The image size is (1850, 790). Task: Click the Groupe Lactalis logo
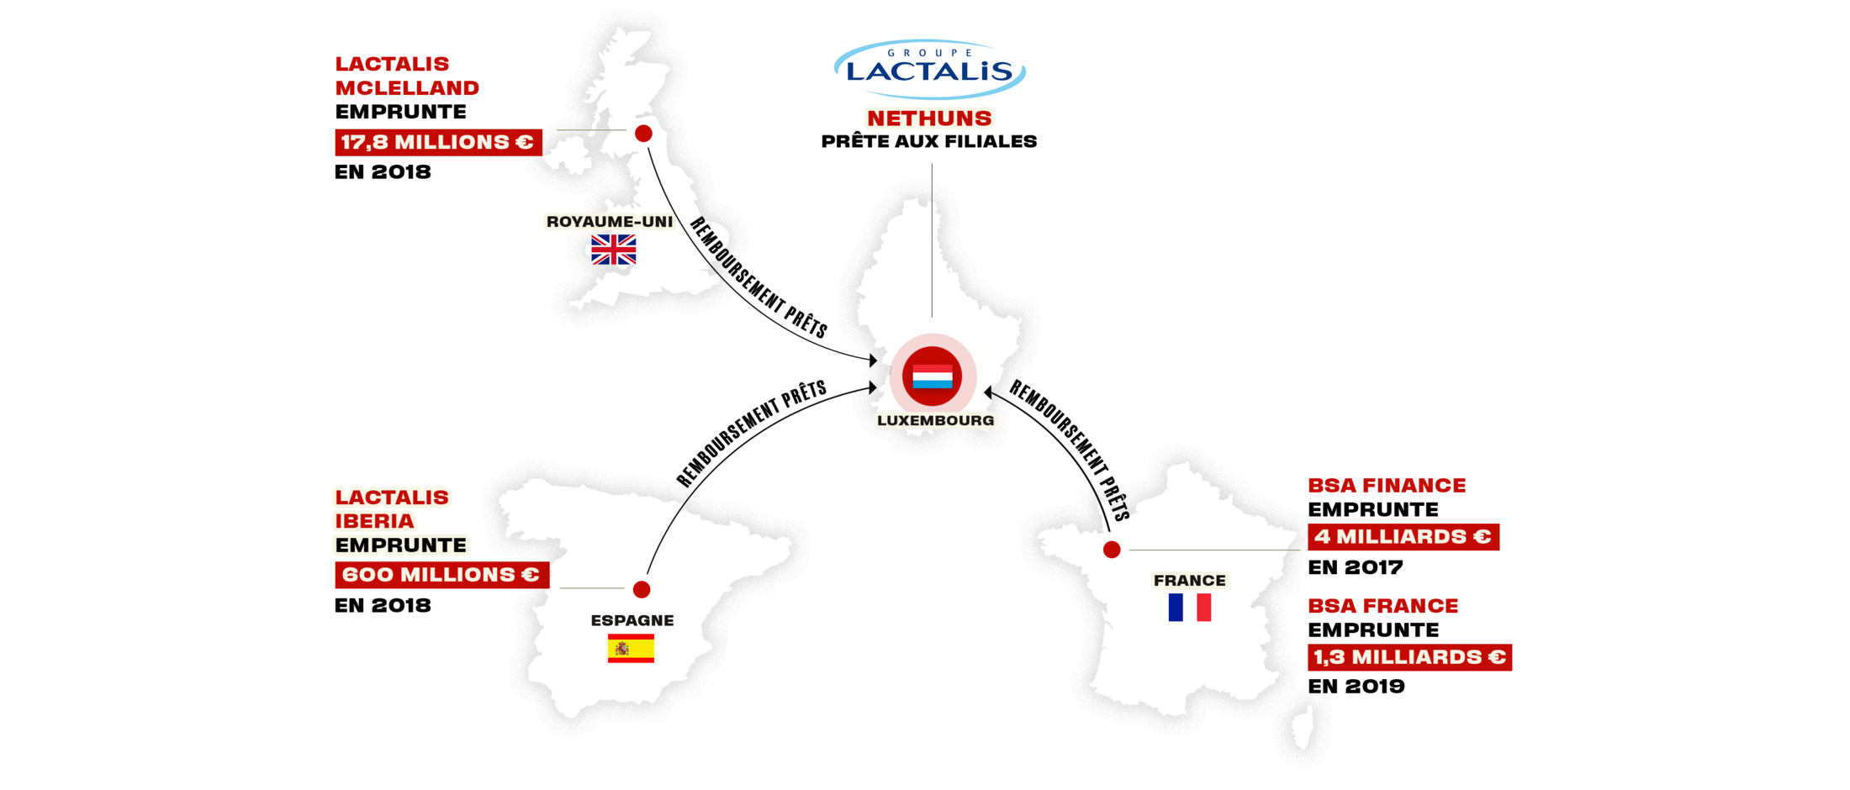[929, 69]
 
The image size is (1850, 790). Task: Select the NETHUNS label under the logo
[929, 118]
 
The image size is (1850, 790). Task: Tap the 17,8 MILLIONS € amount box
[438, 142]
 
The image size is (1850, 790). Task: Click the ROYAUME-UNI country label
[610, 222]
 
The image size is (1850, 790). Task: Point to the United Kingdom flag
[614, 250]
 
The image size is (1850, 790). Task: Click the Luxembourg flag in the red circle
[933, 377]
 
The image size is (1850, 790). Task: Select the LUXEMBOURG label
[935, 420]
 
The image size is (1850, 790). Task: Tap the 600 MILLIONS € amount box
[441, 575]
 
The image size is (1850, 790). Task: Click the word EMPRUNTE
[401, 545]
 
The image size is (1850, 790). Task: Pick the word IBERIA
[375, 521]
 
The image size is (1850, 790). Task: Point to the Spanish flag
[631, 649]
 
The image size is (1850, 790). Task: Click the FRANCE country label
[1190, 581]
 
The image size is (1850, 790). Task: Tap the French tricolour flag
[1190, 608]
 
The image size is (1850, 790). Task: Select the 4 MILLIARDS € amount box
[1403, 537]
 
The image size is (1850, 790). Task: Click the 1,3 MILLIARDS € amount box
[1409, 657]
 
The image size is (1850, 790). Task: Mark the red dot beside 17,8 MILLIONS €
[643, 134]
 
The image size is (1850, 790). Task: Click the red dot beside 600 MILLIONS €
[642, 589]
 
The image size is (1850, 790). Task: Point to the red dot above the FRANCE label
[1112, 550]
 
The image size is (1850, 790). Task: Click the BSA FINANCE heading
[1387, 486]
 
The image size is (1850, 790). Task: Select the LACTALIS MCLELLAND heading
[407, 76]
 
